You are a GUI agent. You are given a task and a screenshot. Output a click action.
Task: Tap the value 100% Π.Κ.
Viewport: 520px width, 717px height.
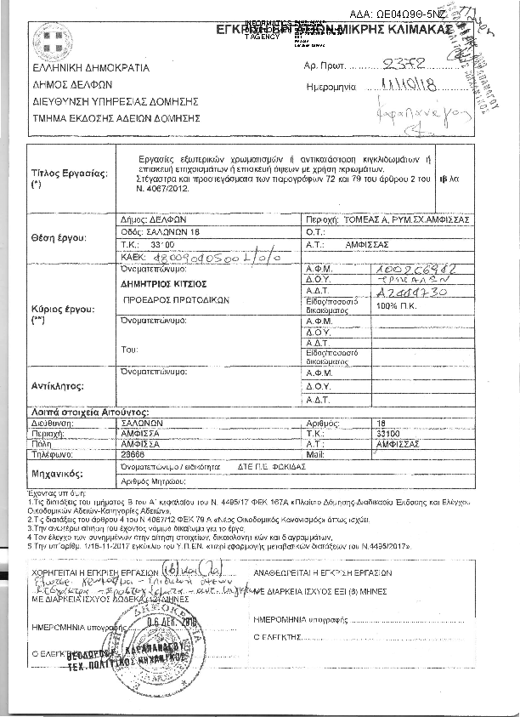point(398,304)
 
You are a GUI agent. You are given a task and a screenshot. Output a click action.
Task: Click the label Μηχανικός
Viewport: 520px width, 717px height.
point(56,473)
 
